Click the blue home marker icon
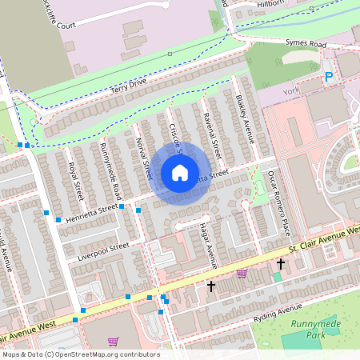[180, 172]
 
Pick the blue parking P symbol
[327, 77]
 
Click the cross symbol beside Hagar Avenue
[211, 285]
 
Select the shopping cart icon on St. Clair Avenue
[242, 273]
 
